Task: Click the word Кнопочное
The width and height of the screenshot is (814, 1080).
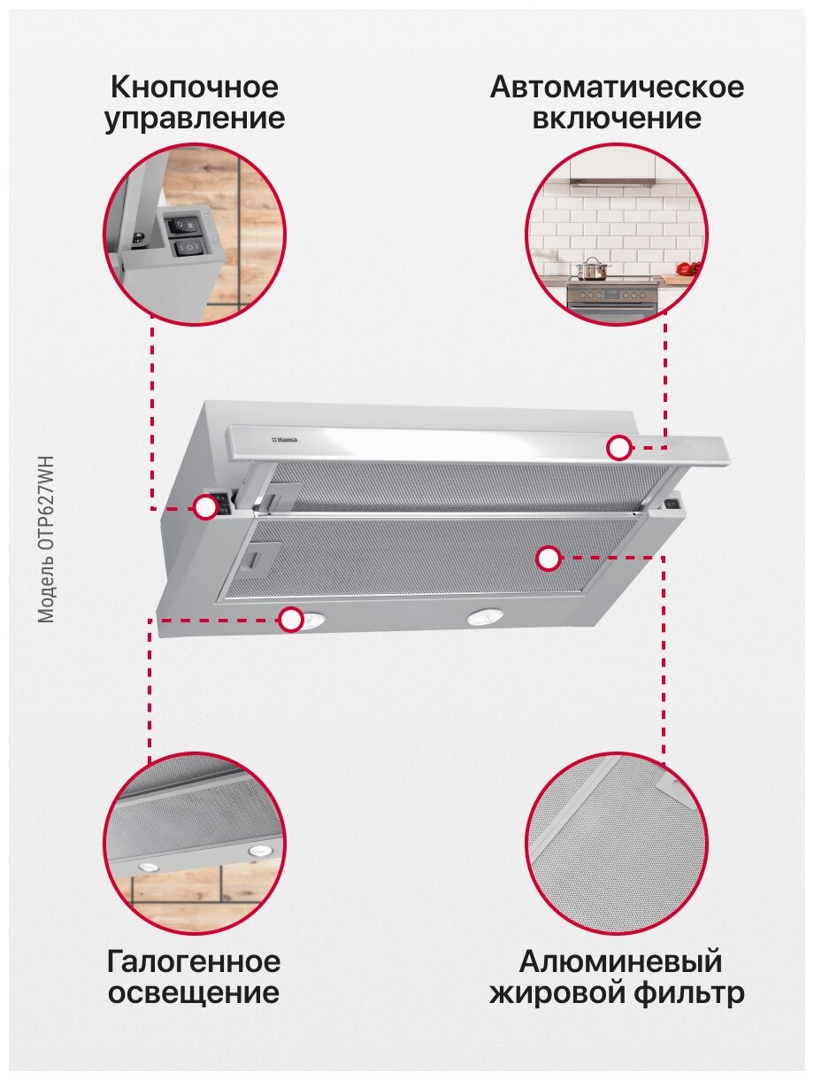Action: click(x=195, y=87)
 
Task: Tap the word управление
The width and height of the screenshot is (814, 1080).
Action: click(x=195, y=120)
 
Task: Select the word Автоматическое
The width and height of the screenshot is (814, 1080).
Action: click(x=617, y=87)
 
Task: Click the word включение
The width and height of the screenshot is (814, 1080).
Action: click(x=617, y=119)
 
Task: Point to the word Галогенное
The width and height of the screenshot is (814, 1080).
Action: click(x=194, y=960)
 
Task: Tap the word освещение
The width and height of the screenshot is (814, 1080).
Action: click(x=194, y=992)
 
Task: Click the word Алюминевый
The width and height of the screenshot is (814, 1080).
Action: click(x=620, y=961)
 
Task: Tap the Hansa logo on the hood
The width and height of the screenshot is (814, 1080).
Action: click(x=285, y=439)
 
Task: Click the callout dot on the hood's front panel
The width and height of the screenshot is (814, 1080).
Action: click(x=618, y=448)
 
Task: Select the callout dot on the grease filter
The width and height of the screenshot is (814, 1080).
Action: click(x=549, y=558)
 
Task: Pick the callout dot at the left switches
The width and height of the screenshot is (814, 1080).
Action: click(x=205, y=506)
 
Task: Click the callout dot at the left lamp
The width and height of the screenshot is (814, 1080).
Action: click(x=291, y=620)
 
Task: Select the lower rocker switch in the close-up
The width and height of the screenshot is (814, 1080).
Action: click(x=188, y=248)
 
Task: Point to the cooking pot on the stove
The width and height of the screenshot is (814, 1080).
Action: click(x=592, y=268)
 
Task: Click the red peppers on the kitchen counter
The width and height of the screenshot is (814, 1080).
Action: click(x=687, y=268)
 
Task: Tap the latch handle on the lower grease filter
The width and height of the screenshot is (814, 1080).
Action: click(x=255, y=559)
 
